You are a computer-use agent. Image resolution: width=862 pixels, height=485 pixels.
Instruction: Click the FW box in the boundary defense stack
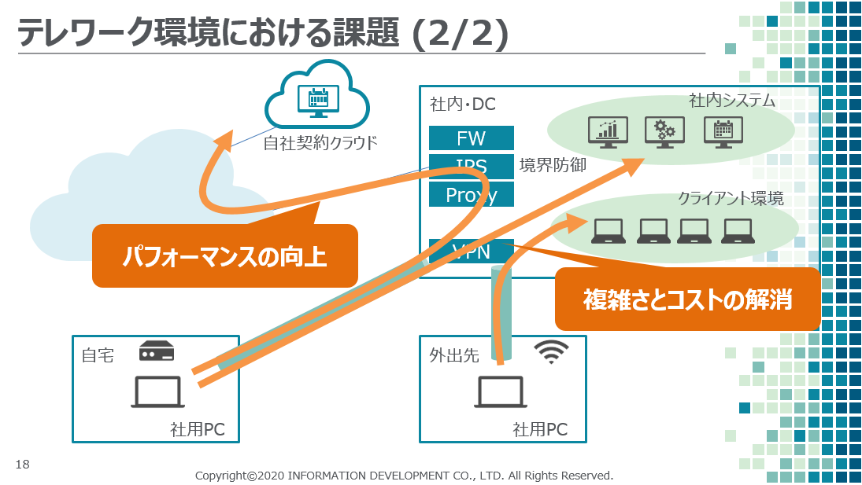click(471, 138)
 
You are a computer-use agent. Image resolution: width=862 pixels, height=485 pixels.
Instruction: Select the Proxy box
click(471, 194)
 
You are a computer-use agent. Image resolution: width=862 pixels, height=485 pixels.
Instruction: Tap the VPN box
click(471, 252)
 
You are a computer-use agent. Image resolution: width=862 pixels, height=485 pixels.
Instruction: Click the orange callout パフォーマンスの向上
click(224, 256)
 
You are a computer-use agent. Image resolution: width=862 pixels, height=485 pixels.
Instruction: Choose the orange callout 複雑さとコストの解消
click(687, 299)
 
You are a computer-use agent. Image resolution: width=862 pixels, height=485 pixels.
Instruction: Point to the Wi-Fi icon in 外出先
click(551, 352)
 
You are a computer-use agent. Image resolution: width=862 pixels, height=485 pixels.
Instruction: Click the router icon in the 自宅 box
click(156, 351)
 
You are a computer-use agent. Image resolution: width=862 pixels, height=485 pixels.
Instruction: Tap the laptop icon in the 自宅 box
click(157, 391)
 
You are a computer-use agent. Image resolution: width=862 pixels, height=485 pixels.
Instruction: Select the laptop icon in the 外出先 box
click(500, 391)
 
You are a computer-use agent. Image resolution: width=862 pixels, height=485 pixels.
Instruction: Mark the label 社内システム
click(732, 101)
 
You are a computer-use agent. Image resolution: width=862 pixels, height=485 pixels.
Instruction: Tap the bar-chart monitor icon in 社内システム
click(608, 131)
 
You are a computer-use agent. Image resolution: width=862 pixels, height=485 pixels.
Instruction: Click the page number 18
click(22, 465)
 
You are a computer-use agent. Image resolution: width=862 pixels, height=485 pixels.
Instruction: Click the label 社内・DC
click(463, 105)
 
